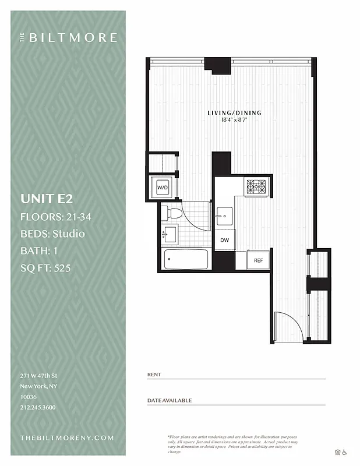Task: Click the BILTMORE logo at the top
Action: pos(68,38)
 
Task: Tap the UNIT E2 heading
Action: pos(47,199)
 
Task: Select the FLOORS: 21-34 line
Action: pos(56,217)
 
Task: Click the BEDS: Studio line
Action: pos(52,234)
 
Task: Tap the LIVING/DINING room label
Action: pos(235,112)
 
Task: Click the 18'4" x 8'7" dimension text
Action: pos(235,119)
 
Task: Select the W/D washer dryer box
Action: pos(161,188)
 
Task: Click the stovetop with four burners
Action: pos(256,186)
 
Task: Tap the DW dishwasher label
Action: pos(224,239)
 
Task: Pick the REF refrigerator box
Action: pos(257,260)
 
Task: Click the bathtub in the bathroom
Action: pos(186,259)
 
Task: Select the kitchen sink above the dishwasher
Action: pos(224,216)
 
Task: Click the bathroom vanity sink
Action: pos(170,235)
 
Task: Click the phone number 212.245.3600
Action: pos(38,407)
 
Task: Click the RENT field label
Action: pos(154,375)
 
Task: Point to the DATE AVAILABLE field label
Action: pos(170,400)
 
